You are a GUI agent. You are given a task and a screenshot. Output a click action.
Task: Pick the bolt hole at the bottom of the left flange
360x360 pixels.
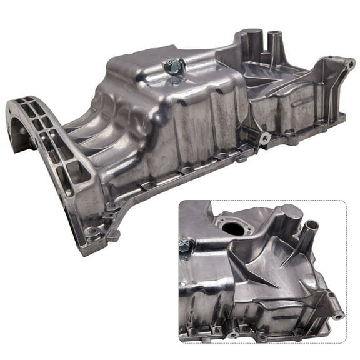point(94,232)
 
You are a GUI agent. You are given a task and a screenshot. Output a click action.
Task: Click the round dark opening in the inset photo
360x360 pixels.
point(234,228)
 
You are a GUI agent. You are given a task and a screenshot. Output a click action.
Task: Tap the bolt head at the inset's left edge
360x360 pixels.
point(184,247)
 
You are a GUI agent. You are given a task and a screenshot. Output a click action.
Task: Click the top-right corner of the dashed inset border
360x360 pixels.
point(346,201)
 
